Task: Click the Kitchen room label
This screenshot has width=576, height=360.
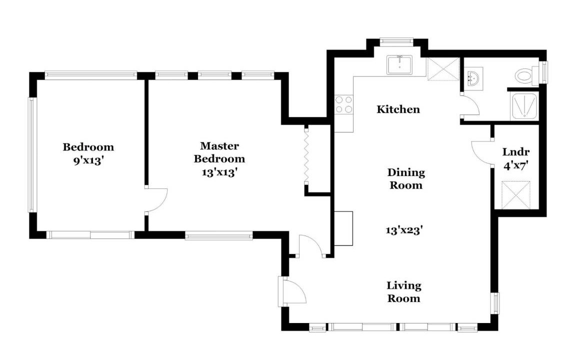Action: (398, 109)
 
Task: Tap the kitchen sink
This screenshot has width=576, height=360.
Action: (399, 64)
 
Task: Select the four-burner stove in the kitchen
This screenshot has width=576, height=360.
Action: (344, 104)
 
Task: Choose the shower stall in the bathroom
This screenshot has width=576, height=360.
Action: (524, 106)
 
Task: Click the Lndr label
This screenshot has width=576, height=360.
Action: (516, 152)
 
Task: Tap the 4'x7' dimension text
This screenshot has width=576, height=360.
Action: (516, 165)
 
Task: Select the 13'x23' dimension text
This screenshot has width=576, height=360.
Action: (404, 230)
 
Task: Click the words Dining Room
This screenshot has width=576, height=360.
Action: (406, 179)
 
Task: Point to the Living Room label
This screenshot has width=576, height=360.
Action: (403, 292)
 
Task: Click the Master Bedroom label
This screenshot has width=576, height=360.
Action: (219, 152)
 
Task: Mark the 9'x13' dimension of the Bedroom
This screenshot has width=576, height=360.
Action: (88, 160)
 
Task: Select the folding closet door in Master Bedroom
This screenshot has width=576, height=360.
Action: (306, 154)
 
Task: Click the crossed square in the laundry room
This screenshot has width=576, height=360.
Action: (516, 195)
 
